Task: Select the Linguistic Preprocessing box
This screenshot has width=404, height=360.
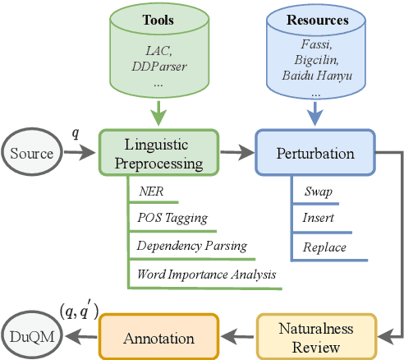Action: coord(160,154)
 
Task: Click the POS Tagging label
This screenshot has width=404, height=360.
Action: coord(172,218)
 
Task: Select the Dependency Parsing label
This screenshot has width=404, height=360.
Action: coord(191,246)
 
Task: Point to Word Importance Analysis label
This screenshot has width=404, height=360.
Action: coord(204,274)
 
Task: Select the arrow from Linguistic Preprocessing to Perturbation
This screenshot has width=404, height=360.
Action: coord(236,154)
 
